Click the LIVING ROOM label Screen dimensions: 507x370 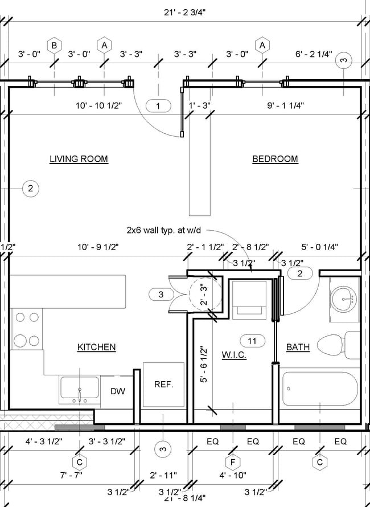point(79,159)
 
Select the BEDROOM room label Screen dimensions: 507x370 point(275,159)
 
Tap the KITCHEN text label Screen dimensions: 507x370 point(97,347)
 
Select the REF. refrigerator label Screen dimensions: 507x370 point(163,384)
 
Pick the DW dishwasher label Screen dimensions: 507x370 point(118,391)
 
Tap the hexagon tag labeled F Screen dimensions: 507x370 point(232,462)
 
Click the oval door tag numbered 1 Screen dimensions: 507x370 point(159,105)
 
